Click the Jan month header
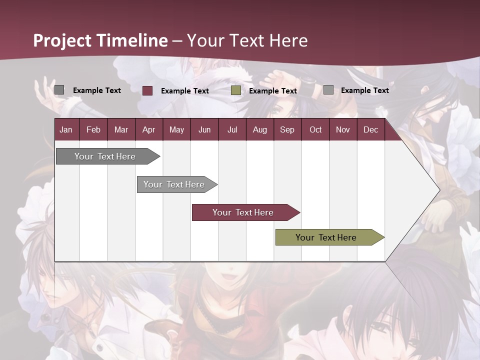click(x=66, y=129)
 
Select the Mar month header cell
click(x=121, y=129)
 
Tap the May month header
click(x=176, y=129)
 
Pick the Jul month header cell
click(x=232, y=129)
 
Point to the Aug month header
click(x=259, y=129)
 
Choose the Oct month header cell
click(x=315, y=129)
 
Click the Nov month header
click(x=343, y=129)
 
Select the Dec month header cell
click(x=370, y=129)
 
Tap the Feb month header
click(x=93, y=129)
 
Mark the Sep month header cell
click(x=287, y=129)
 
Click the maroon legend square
click(x=147, y=90)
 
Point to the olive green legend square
click(x=236, y=90)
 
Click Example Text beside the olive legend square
click(x=273, y=91)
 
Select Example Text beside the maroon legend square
click(x=185, y=91)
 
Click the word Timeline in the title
click(x=132, y=40)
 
